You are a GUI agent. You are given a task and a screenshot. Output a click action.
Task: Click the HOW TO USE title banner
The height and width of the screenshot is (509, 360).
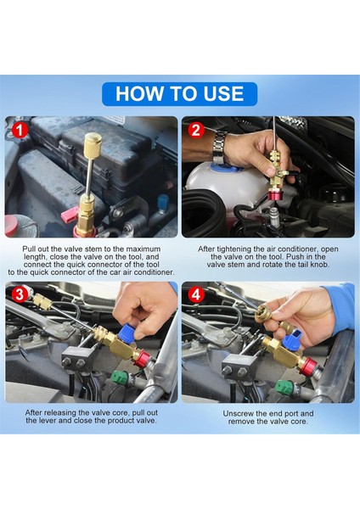(180, 94)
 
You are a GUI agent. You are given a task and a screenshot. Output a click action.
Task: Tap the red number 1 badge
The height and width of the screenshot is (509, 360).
(20, 131)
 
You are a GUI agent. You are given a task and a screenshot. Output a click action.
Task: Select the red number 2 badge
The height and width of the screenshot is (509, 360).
(196, 131)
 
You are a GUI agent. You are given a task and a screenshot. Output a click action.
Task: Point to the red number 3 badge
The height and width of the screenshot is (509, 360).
(20, 294)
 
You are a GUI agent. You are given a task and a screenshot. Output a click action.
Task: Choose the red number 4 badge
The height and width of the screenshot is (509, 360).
(196, 294)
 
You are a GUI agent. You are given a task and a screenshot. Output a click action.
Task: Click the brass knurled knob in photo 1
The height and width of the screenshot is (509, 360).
(93, 143)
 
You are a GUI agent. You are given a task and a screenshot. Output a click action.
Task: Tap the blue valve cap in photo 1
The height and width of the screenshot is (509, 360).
(161, 203)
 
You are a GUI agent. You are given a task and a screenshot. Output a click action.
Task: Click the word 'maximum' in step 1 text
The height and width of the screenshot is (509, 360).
(143, 249)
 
